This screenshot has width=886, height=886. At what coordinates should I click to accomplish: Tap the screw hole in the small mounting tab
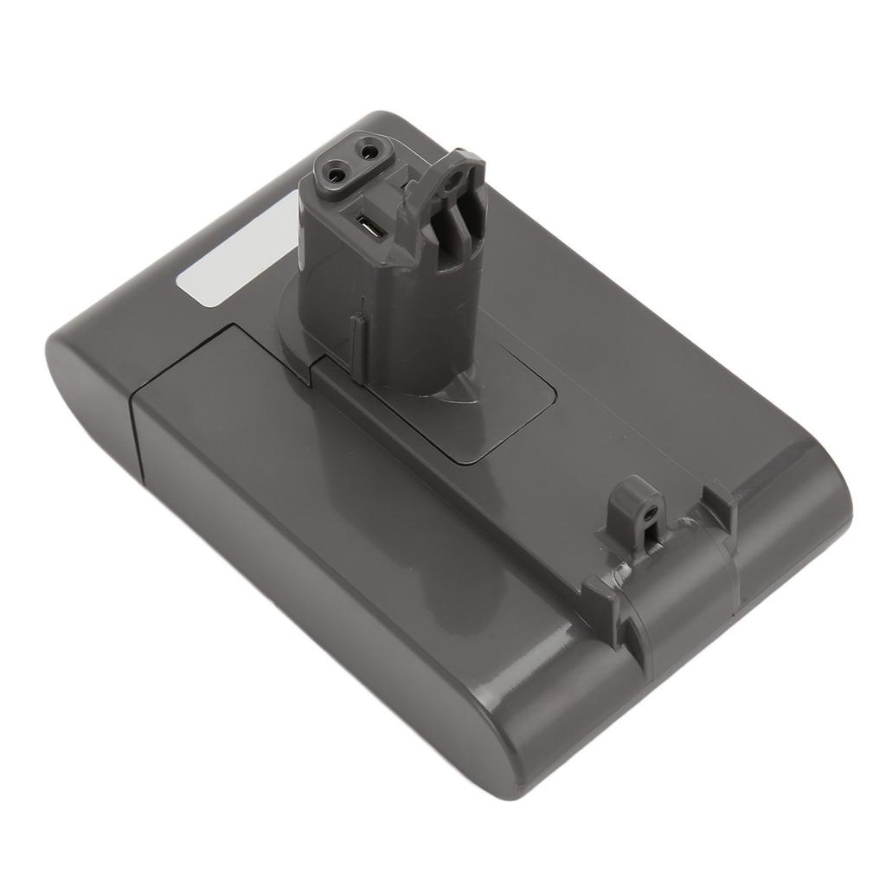pos(647,511)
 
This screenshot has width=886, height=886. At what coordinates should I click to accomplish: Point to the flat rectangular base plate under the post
pos(502,407)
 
